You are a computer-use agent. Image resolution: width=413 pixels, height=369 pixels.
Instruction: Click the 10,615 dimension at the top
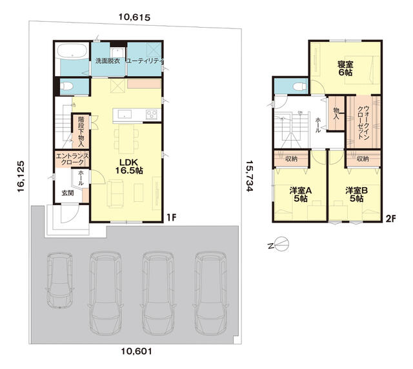[134, 17]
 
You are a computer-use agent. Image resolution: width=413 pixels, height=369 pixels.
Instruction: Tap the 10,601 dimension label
[136, 351]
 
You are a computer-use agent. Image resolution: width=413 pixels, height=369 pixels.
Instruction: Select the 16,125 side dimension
[21, 177]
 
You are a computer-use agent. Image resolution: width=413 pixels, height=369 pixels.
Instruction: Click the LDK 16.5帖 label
[129, 166]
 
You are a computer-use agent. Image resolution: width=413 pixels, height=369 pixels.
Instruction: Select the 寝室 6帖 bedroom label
[345, 68]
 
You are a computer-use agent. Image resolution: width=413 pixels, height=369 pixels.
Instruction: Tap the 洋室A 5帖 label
[301, 194]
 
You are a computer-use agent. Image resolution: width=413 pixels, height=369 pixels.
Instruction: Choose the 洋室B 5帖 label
[356, 194]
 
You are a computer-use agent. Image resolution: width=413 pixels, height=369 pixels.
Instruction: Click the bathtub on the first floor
[72, 50]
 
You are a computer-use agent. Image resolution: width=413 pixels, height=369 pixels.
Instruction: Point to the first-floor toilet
[66, 86]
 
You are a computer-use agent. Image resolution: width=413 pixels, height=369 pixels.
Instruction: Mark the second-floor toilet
[299, 86]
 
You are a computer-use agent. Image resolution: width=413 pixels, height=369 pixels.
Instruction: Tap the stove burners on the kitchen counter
[152, 115]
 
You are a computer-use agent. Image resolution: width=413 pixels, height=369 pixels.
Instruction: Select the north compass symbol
[279, 244]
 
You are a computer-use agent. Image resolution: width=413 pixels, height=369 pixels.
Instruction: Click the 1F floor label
[171, 217]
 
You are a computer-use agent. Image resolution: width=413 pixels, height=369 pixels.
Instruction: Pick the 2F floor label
[390, 219]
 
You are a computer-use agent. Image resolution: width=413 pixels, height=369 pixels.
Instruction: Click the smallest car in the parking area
[60, 281]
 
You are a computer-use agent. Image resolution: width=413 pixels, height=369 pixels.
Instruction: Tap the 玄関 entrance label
[68, 193]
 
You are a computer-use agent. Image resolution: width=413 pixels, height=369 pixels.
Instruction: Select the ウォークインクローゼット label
[363, 123]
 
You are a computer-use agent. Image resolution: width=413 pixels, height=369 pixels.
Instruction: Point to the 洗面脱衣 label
[108, 61]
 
